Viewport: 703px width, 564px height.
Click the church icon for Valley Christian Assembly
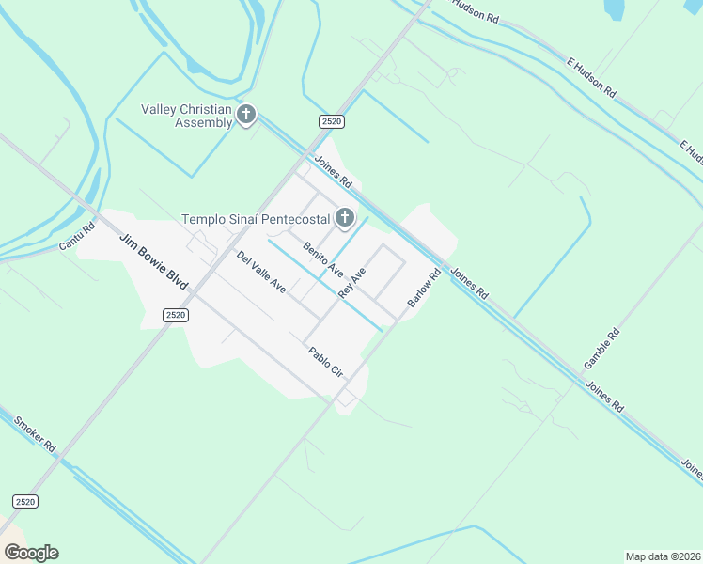[x=246, y=115]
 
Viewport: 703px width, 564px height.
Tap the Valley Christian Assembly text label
[x=186, y=116]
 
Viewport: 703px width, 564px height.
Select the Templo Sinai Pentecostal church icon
[x=345, y=219]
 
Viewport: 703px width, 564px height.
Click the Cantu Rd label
[x=77, y=236]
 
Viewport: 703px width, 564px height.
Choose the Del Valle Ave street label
[x=261, y=272]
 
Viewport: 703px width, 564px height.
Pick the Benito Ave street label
[x=322, y=259]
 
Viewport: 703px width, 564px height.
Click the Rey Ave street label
[x=351, y=281]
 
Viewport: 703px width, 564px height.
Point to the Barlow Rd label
[x=424, y=289]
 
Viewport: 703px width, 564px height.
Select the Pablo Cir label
[x=326, y=362]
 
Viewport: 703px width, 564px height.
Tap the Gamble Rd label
[x=601, y=348]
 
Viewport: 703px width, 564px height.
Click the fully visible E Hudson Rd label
[x=590, y=78]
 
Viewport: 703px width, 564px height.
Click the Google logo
[x=31, y=552]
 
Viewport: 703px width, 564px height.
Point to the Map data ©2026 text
[x=663, y=556]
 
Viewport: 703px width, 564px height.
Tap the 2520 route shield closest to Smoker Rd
[x=25, y=502]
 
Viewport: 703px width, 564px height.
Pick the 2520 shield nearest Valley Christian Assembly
[x=331, y=121]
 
